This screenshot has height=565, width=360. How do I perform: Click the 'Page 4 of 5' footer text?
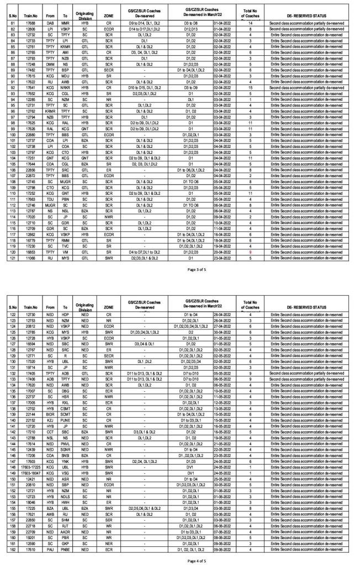(179, 560)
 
